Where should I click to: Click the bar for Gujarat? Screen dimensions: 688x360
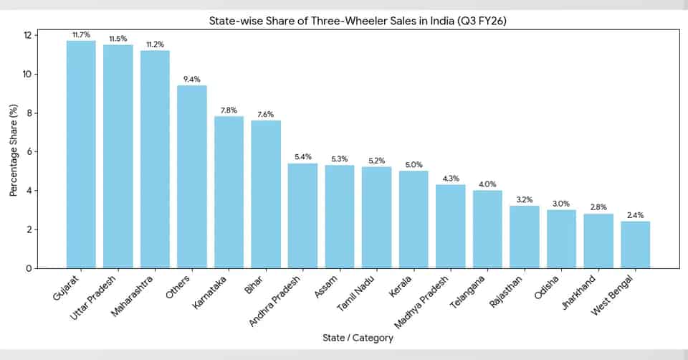[x=81, y=154]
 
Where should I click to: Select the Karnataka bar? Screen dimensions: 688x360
[x=229, y=192]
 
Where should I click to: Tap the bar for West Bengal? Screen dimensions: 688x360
[x=636, y=245]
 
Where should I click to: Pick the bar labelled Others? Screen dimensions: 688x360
[x=192, y=176]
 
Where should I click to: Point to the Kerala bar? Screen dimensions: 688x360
[x=414, y=219]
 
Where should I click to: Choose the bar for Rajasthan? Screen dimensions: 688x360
[x=525, y=237]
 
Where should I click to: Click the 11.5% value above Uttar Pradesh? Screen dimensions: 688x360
[x=118, y=39]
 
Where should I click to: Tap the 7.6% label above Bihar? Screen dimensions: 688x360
[x=265, y=115]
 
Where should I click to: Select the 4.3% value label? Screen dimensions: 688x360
[x=451, y=179]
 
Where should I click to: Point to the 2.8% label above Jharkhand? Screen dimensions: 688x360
[x=598, y=207]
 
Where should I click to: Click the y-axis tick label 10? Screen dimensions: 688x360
[x=27, y=74]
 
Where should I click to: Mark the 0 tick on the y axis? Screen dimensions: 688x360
[x=29, y=268]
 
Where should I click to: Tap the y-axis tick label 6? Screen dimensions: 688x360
[x=29, y=151]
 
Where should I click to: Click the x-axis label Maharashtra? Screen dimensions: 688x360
[x=132, y=296]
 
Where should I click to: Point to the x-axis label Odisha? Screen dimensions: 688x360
[x=547, y=288]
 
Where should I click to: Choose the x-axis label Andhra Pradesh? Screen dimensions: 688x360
[x=275, y=301]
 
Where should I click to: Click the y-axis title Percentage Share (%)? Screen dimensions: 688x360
[x=14, y=150]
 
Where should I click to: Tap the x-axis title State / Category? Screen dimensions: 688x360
[x=358, y=338]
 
